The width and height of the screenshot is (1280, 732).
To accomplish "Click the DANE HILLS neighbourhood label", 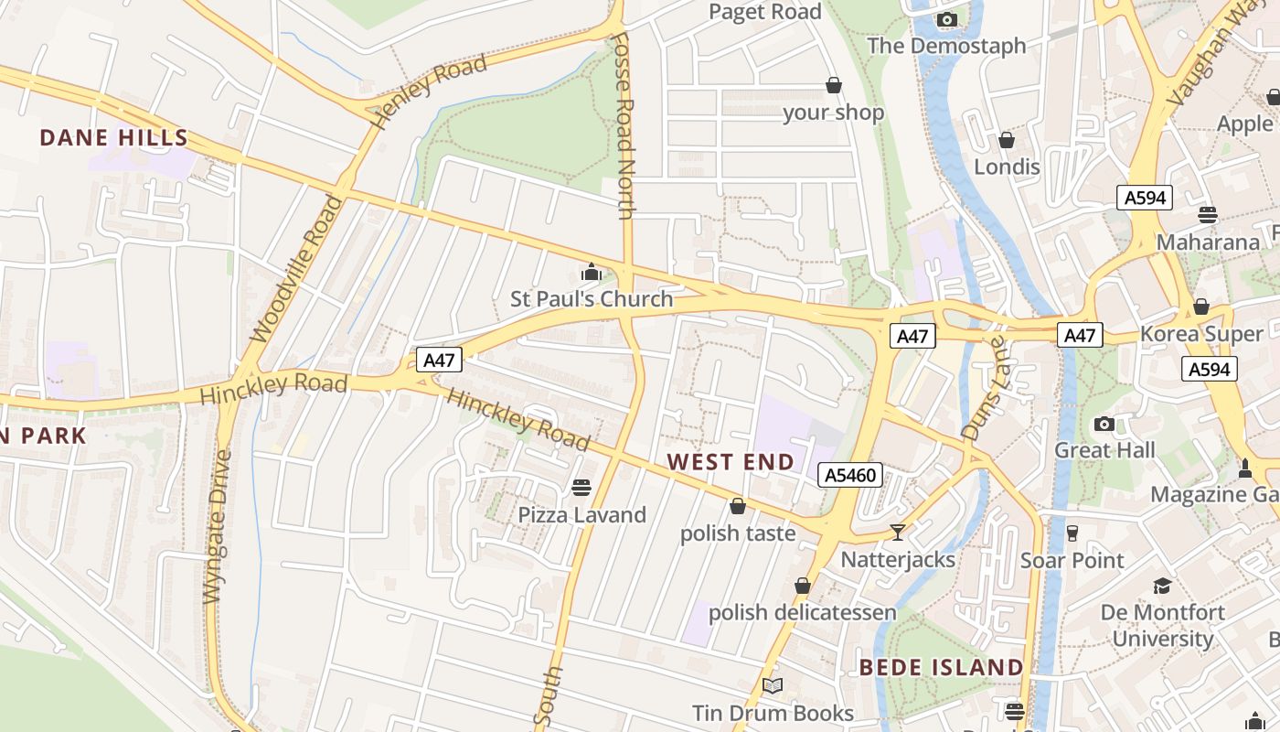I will [114, 138].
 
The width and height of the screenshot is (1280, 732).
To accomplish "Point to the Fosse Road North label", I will [625, 126].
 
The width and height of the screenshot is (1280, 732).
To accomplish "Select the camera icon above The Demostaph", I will [946, 19].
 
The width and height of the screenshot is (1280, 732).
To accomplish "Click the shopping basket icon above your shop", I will [834, 86].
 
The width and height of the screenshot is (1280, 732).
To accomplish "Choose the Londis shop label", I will [1007, 167].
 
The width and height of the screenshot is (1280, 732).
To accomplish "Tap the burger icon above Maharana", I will [1208, 215].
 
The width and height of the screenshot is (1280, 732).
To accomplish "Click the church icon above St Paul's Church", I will [592, 272].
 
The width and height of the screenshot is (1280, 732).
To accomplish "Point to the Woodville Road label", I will [296, 270].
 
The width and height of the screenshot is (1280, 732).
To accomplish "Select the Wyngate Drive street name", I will [219, 526].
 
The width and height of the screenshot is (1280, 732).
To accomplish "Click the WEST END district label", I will [731, 462].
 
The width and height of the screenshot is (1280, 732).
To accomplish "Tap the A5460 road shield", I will [850, 475].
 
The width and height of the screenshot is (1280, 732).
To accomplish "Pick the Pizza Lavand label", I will [582, 515].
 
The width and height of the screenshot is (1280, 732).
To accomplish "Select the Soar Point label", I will [1072, 560].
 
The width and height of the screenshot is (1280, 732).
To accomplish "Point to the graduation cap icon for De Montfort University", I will [1162, 586].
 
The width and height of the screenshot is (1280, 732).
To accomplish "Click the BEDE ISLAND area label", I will [941, 667].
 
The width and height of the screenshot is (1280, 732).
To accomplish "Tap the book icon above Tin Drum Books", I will [773, 685].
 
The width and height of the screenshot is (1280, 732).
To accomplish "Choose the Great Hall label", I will [1104, 450].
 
